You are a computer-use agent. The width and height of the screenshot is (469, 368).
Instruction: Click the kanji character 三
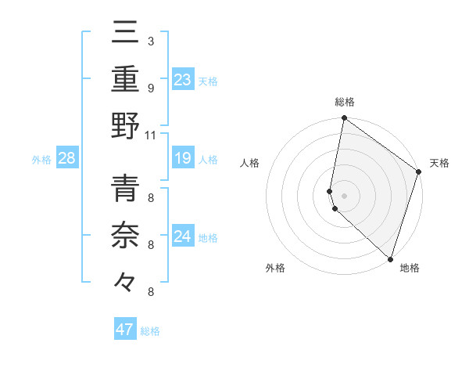point(125,34)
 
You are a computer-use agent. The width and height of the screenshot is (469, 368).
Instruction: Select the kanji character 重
point(125,80)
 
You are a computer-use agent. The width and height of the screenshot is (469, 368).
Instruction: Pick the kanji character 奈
point(125,236)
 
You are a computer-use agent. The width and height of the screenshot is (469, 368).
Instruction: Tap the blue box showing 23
point(182,80)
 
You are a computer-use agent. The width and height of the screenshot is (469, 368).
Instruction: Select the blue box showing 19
point(182,159)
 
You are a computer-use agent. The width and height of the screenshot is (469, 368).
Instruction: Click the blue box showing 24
point(182,236)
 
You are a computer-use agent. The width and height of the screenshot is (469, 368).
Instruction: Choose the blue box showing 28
point(66,159)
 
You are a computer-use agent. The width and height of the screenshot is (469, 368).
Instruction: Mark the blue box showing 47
point(124,330)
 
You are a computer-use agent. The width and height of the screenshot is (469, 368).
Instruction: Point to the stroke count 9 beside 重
point(150,88)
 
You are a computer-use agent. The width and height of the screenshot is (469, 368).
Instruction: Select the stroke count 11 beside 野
point(150,135)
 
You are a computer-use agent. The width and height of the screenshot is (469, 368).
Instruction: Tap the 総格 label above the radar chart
point(344,103)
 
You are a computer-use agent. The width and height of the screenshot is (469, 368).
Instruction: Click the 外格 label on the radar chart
point(275,269)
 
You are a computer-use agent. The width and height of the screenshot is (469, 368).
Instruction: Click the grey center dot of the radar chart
point(344,193)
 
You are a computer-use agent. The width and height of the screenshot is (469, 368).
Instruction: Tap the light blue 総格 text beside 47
point(150,331)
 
